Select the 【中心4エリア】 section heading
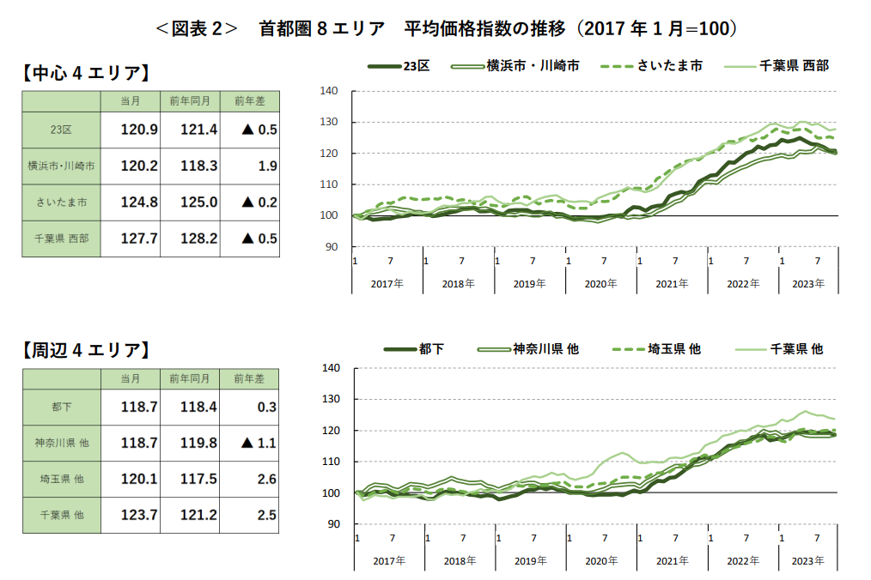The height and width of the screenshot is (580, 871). [85, 73]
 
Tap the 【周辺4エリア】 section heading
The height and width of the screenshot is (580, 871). [85, 350]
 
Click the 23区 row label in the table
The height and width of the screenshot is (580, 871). [61, 130]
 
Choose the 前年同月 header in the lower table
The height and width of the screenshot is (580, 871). [190, 378]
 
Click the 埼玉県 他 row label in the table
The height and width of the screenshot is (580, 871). [61, 479]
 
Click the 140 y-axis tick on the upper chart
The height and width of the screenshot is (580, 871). [331, 91]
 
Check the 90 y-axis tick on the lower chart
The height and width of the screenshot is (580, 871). [333, 524]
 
